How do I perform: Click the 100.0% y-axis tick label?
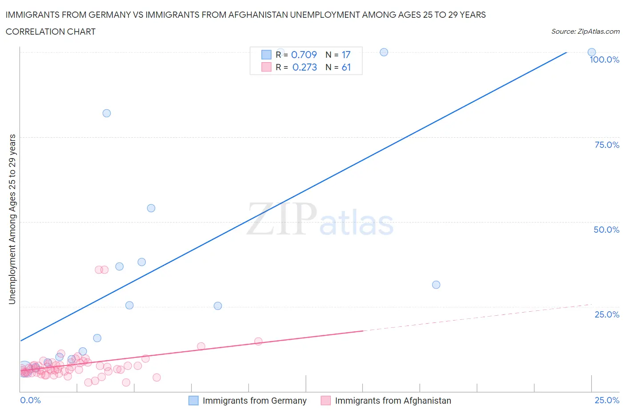point(604,60)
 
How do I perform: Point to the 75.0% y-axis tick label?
point(607,145)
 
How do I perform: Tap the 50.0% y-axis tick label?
point(606,230)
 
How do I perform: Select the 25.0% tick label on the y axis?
point(607,314)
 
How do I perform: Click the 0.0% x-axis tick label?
point(30,400)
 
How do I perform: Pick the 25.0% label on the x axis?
point(607,400)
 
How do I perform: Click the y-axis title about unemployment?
point(12,219)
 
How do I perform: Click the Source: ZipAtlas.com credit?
point(585,32)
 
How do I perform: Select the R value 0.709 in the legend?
point(304,55)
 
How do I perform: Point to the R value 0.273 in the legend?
point(304,67)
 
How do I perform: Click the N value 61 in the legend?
point(346,67)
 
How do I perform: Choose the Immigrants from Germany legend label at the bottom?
point(254,401)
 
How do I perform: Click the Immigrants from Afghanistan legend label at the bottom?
point(393,401)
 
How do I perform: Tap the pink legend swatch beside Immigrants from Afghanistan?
point(326,401)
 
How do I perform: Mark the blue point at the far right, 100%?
point(591,52)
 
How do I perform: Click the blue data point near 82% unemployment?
point(107,113)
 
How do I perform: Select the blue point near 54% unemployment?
point(151,208)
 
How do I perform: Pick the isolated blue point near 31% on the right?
point(436,285)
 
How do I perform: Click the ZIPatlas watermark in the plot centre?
point(320,220)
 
